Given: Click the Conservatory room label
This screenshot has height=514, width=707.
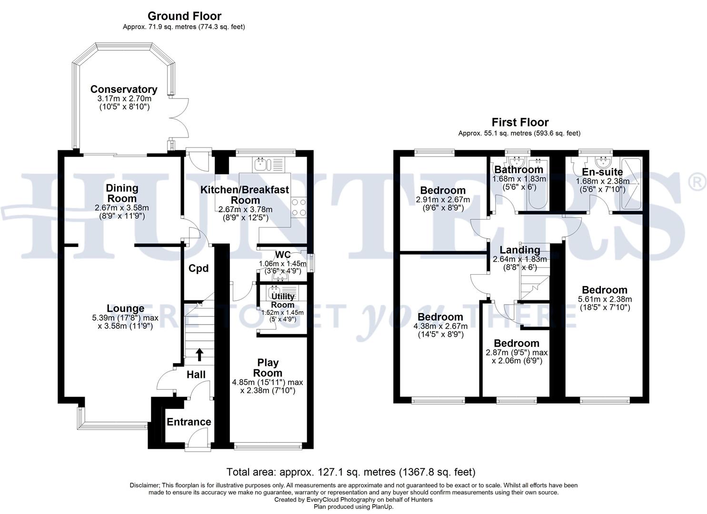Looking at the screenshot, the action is pyautogui.click(x=124, y=89).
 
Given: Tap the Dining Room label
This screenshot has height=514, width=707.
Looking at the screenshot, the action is pyautogui.click(x=122, y=193).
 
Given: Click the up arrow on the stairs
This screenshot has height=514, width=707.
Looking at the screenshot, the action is pyautogui.click(x=199, y=354).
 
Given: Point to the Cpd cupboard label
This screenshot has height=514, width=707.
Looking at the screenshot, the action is pyautogui.click(x=199, y=268).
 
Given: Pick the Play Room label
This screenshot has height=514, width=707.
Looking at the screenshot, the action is pyautogui.click(x=268, y=368).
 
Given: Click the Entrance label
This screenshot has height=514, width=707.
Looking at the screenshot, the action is pyautogui.click(x=189, y=422).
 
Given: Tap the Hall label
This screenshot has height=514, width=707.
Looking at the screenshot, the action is pyautogui.click(x=196, y=375).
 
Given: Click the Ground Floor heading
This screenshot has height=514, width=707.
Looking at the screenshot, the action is pyautogui.click(x=184, y=16).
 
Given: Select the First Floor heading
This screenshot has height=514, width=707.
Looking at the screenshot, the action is pyautogui.click(x=520, y=122).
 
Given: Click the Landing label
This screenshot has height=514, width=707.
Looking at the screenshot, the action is pyautogui.click(x=519, y=250).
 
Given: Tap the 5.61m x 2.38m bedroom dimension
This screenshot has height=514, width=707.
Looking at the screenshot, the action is pyautogui.click(x=605, y=299).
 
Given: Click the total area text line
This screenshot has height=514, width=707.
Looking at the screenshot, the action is pyautogui.click(x=351, y=472).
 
